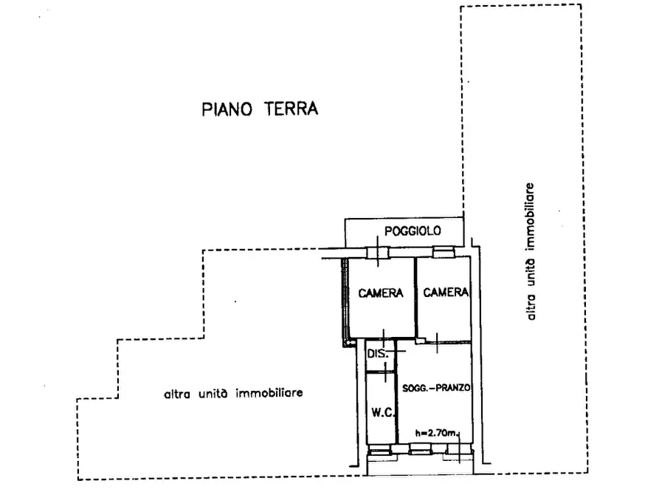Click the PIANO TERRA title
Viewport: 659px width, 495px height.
coord(260,110)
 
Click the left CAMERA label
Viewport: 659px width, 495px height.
coord(381,293)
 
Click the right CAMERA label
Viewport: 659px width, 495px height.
coord(446,293)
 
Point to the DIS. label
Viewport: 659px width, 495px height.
coord(377,354)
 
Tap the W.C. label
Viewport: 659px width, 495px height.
coord(381,414)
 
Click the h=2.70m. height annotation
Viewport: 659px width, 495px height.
coord(438,434)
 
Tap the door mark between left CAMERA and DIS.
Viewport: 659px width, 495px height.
coord(383,337)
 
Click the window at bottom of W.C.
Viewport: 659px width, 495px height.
coord(380,450)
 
